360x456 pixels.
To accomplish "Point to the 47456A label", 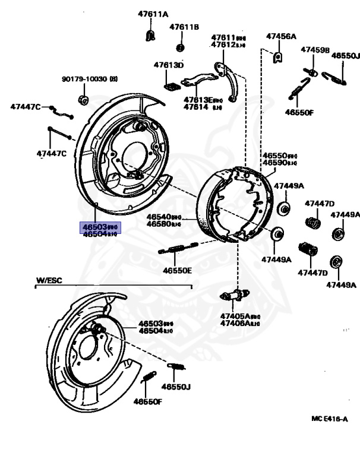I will point(280,36).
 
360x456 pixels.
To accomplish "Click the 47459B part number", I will point(314,50).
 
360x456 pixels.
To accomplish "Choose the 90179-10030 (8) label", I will point(90,78).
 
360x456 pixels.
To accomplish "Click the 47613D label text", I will point(169,65).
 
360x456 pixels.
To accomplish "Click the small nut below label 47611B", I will point(180,47).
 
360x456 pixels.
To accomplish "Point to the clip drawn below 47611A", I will point(151,37).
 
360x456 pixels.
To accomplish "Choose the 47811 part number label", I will point(226,37).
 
